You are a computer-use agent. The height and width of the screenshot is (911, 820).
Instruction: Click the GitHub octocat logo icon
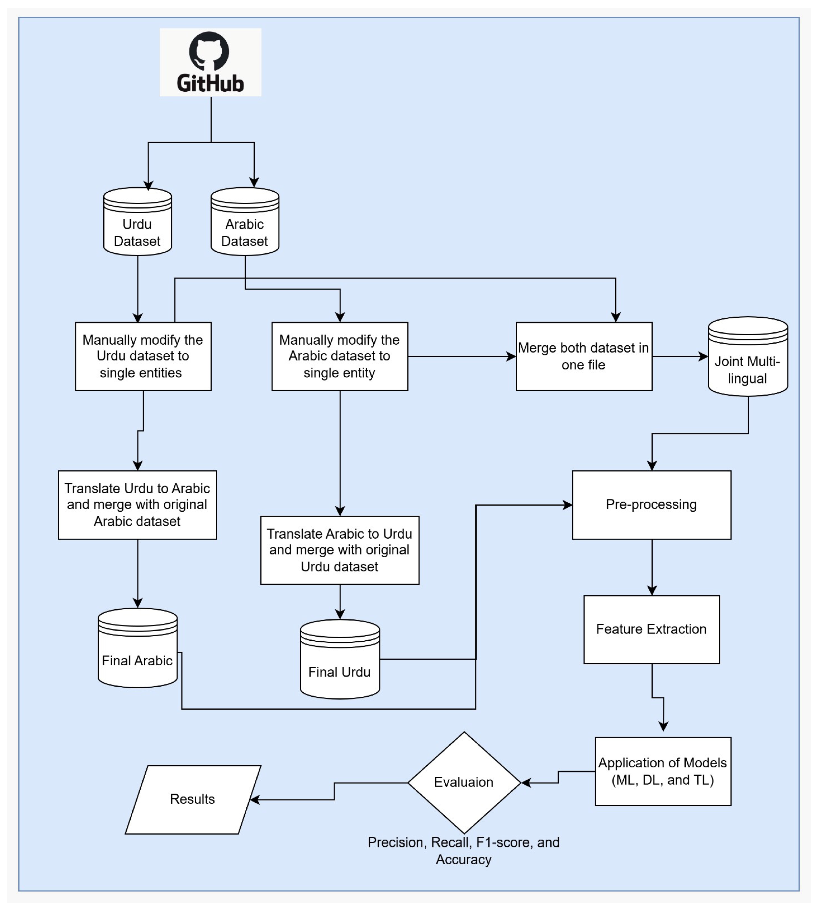209,51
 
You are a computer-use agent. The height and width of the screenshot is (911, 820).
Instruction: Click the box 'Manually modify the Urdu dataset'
143,356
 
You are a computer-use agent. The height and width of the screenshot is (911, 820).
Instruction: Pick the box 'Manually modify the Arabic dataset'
340,356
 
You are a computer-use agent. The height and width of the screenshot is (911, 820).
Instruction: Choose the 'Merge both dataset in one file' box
583,356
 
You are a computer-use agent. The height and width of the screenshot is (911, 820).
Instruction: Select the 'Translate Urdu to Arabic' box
138,505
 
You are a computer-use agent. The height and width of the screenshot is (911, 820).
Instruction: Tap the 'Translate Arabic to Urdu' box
340,550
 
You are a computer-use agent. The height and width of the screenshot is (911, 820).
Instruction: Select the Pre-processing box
651,505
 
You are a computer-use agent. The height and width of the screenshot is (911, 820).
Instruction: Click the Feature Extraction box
651,629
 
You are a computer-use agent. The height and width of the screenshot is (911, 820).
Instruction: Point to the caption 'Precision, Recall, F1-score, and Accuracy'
464,851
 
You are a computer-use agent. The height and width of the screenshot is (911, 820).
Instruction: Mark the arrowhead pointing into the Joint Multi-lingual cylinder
703,357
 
